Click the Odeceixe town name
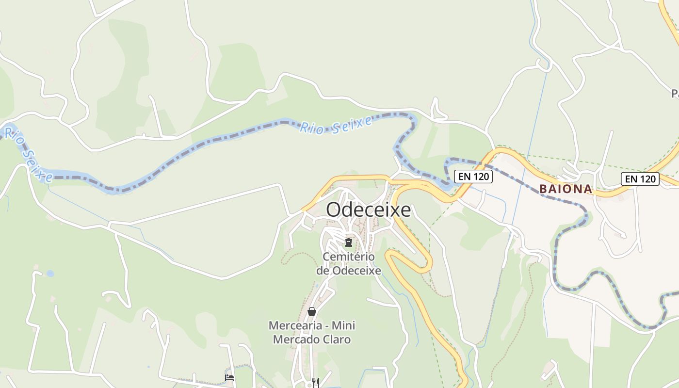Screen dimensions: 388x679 (x=368, y=210)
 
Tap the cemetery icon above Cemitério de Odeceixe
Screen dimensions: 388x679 (x=348, y=242)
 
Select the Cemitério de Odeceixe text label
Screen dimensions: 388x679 (x=348, y=263)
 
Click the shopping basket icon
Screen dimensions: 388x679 (x=312, y=311)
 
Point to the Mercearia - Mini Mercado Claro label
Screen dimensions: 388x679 (x=311, y=332)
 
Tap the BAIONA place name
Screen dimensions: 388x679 (x=566, y=189)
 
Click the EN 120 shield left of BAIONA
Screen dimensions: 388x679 (x=473, y=177)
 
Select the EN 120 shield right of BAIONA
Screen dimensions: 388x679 (x=640, y=179)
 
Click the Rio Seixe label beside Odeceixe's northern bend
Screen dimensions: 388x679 (x=336, y=125)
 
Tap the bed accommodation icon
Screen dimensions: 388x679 (x=229, y=377)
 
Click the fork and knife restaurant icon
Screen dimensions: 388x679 (x=316, y=382)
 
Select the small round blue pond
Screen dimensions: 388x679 (x=50, y=274)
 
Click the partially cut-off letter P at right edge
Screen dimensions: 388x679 (x=676, y=94)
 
